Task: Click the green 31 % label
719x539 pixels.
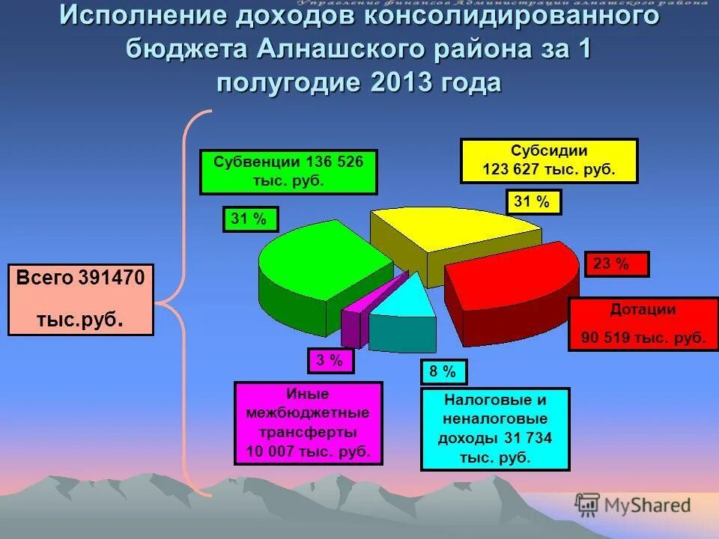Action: tap(250, 219)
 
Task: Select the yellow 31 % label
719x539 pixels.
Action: tap(534, 202)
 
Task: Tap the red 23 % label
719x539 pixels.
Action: tap(616, 264)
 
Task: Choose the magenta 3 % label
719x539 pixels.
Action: tap(330, 361)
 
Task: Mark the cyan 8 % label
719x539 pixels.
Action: tap(443, 372)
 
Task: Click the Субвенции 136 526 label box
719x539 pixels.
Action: tap(288, 172)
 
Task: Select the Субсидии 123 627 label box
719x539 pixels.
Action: tap(549, 160)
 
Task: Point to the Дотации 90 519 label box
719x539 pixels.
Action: tap(643, 323)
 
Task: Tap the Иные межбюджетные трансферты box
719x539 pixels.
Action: tap(308, 424)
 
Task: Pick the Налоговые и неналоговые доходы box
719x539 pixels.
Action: tap(495, 429)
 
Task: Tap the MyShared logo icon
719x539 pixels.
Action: tap(588, 505)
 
